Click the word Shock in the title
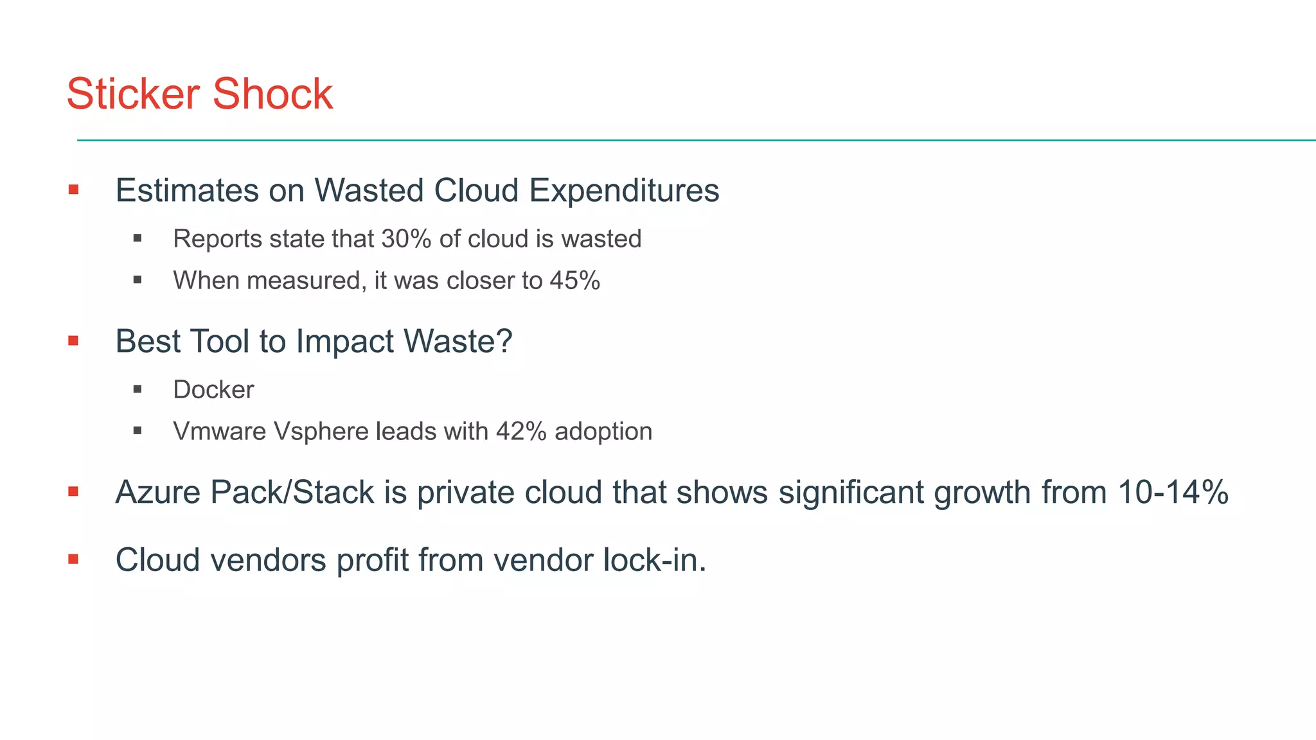[x=272, y=94]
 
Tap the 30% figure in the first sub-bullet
[x=406, y=239]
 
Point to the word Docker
[x=213, y=390]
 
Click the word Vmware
[x=219, y=432]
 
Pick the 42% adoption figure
[x=521, y=432]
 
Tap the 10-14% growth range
[x=1173, y=493]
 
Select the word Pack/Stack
[x=292, y=493]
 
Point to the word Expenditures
[x=624, y=191]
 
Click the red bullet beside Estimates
[x=73, y=189]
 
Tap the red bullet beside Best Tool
[x=73, y=340]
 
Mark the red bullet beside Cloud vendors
[x=73, y=559]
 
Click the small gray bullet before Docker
[x=138, y=389]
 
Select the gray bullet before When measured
[x=138, y=280]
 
